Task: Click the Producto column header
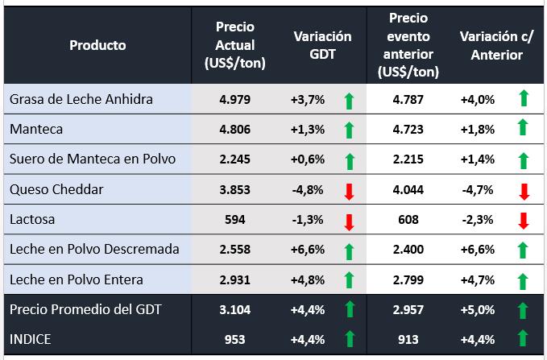[97, 45]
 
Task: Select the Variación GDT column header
[322, 45]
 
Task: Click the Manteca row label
[36, 129]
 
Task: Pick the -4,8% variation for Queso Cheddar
[307, 189]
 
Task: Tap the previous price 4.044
[408, 189]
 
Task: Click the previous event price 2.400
[408, 249]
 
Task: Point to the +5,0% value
[476, 309]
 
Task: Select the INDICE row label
[31, 339]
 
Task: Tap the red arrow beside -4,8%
[349, 190]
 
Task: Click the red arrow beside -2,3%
[523, 220]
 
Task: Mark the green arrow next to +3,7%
[349, 100]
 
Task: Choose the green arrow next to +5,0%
[523, 309]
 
